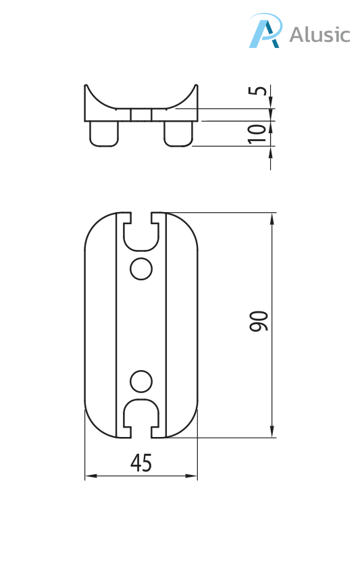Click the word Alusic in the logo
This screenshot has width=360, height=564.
click(x=319, y=34)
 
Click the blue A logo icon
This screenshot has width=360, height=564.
click(x=264, y=32)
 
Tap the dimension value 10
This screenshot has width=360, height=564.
click(x=257, y=133)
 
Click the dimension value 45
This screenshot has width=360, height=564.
click(x=140, y=463)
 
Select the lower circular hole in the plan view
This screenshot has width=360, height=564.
click(x=141, y=381)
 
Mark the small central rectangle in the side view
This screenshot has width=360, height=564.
click(x=141, y=115)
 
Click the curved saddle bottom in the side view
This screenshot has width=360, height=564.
click(x=141, y=107)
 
